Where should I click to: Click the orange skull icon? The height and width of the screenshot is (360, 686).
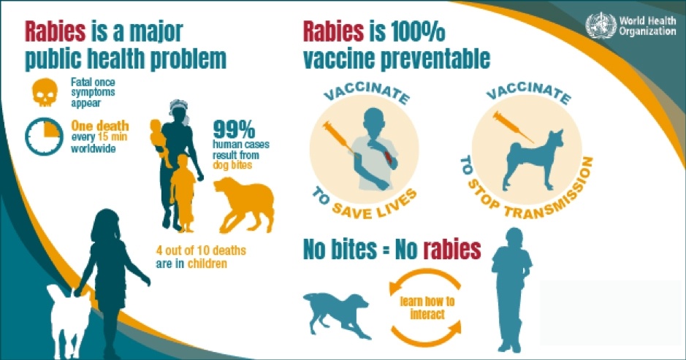[x=45, y=92]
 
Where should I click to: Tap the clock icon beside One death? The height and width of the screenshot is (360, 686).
[x=44, y=136]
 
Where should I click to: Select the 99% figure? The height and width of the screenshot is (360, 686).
[x=234, y=129]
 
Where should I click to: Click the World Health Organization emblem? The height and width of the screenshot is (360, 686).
[x=601, y=26]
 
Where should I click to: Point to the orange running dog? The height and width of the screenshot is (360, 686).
[x=244, y=204]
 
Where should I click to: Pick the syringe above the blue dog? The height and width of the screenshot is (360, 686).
[x=513, y=127]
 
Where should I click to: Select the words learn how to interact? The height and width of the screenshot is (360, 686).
[x=427, y=307]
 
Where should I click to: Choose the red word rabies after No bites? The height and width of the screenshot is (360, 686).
[x=452, y=250]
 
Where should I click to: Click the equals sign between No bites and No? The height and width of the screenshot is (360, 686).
[x=385, y=250]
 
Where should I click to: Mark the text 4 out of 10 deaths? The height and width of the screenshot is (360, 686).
[x=201, y=250]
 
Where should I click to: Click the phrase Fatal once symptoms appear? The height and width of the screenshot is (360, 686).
[x=93, y=92]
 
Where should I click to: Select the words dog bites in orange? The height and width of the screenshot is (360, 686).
[x=232, y=165]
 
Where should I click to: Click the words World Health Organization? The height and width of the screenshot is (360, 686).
[x=647, y=26]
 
